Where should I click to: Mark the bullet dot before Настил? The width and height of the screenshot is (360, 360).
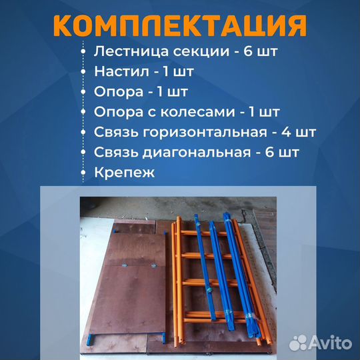[83, 71]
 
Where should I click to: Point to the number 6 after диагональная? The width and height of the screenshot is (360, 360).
[270, 152]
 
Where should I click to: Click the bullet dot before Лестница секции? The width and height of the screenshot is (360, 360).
[83, 51]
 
